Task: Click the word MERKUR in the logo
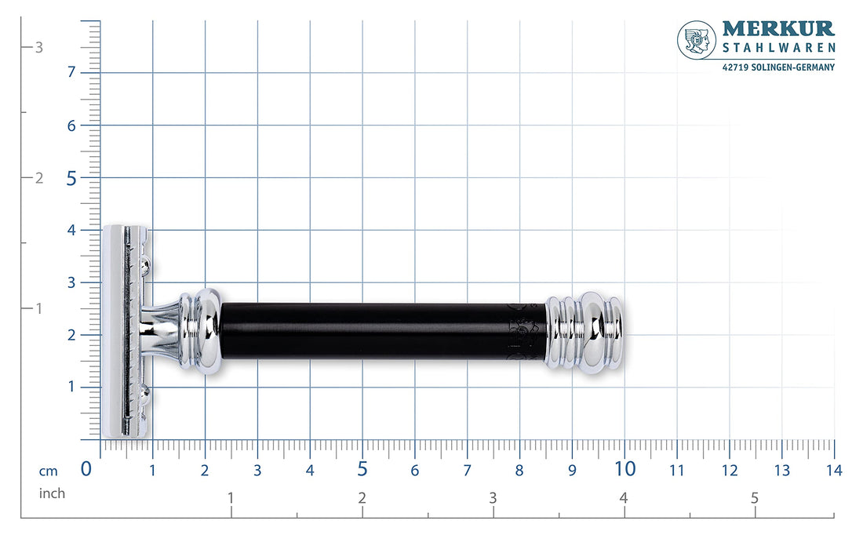pyautogui.click(x=778, y=29)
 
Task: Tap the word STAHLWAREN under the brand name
pyautogui.click(x=778, y=49)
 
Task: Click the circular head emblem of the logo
pyautogui.click(x=697, y=40)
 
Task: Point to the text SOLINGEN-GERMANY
pyautogui.click(x=792, y=67)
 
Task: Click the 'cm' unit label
pyautogui.click(x=49, y=471)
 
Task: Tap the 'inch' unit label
pyautogui.click(x=52, y=493)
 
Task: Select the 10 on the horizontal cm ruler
pyautogui.click(x=624, y=469)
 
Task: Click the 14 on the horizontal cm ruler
pyautogui.click(x=834, y=471)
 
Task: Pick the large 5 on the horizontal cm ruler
pyautogui.click(x=362, y=469)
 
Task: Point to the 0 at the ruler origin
pyautogui.click(x=87, y=469)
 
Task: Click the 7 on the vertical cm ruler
pyautogui.click(x=71, y=72)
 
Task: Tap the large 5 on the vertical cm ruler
pyautogui.click(x=71, y=178)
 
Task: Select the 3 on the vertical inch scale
pyautogui.click(x=39, y=47)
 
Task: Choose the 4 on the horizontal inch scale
pyautogui.click(x=624, y=498)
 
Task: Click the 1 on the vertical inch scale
pyautogui.click(x=38, y=308)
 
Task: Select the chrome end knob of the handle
pyautogui.click(x=588, y=333)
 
